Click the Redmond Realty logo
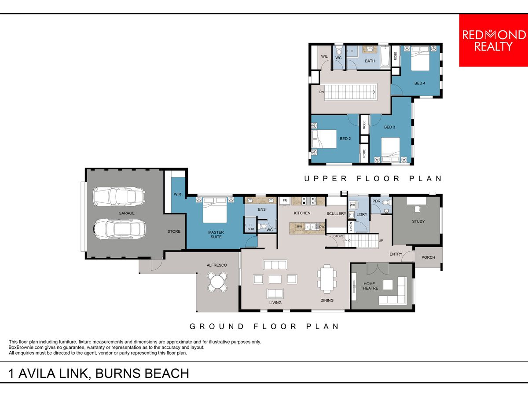tap(493, 40)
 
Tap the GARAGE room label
tap(127, 213)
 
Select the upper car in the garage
tap(119, 197)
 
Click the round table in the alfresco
tap(217, 282)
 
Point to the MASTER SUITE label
tap(216, 235)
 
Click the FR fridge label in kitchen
tap(285, 201)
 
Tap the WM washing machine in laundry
tap(352, 205)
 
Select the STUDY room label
tap(418, 221)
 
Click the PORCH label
tap(428, 257)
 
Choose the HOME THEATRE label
tap(369, 286)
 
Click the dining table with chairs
tap(326, 279)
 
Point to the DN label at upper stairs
tap(321, 92)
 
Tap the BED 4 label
tap(420, 83)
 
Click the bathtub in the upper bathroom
tap(385, 56)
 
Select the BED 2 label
tap(345, 139)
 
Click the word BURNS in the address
tap(118, 374)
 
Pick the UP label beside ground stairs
tap(381, 241)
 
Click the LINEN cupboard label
tap(351, 227)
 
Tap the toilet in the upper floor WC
tap(339, 51)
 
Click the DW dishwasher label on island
tap(322, 227)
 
